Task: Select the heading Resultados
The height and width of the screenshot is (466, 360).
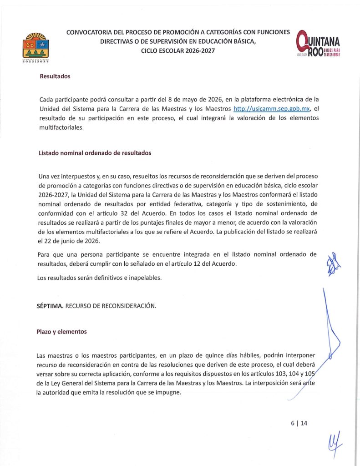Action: tap(55, 76)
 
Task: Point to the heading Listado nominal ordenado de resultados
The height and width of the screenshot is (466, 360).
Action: tap(95, 153)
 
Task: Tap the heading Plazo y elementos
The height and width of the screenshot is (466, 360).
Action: tap(61, 332)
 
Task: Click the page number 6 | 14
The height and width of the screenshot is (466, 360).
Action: tap(299, 423)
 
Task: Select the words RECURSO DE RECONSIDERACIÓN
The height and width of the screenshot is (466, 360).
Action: tap(111, 306)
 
